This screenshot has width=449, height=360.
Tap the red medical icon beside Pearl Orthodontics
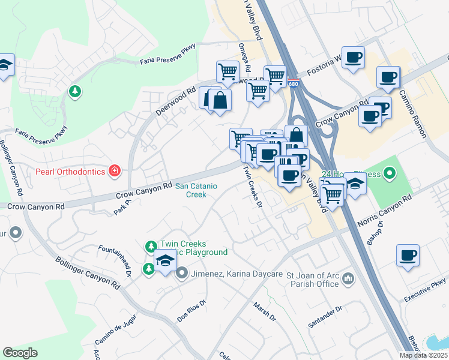pos(113,172)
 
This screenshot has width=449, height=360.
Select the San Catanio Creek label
pos(191,190)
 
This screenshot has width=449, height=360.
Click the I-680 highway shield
pos(292,84)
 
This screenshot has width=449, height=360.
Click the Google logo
pos(20,353)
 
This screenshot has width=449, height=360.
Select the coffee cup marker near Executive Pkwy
pos(408,256)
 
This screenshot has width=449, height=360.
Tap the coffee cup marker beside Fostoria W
pos(353,58)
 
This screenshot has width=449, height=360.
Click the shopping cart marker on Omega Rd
pos(228,72)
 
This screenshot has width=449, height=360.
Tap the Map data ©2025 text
pos(423,355)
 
